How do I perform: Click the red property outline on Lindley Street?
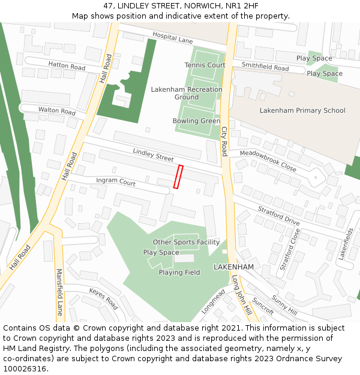coord(178,177)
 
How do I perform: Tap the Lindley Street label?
coord(153,154)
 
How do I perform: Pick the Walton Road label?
coord(57,111)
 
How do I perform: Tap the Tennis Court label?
coord(205,65)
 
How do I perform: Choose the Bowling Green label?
coord(196,121)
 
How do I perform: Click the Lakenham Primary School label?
coord(302,110)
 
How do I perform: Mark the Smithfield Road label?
coord(265,67)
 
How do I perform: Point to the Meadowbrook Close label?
coord(268,161)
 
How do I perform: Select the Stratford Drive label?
coord(278,215)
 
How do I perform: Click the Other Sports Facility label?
coord(186,242)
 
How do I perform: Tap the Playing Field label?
coord(179,272)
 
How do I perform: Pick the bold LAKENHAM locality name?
coord(234,266)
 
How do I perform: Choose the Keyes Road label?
coord(104,298)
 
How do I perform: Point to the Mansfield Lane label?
coord(59,292)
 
